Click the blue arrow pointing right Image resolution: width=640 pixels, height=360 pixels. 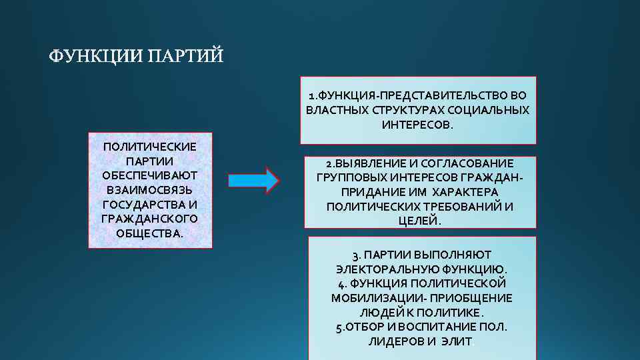click(x=253, y=181)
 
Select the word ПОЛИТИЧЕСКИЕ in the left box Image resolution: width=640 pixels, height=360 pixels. click(x=150, y=146)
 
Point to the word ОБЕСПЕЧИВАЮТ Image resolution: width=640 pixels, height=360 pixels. click(x=150, y=175)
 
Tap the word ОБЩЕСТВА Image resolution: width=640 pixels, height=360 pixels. click(x=149, y=233)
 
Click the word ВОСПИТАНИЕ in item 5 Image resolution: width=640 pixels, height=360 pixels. click(x=437, y=327)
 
